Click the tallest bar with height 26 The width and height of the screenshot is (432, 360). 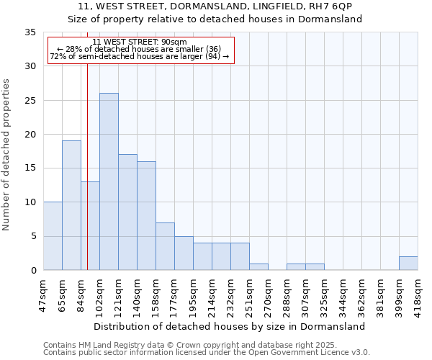(x=109, y=181)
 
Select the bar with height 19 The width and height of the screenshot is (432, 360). (x=71, y=205)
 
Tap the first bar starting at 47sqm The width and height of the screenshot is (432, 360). (x=53, y=236)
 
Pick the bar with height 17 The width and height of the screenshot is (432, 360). (x=127, y=212)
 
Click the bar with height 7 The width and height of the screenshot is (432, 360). (x=165, y=246)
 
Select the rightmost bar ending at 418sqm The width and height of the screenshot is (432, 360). (x=408, y=264)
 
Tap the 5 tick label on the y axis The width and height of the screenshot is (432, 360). (x=32, y=236)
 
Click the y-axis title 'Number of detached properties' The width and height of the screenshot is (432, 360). (x=7, y=151)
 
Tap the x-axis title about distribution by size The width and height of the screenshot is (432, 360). (x=230, y=326)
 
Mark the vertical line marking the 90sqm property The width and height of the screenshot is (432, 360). (x=87, y=180)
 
